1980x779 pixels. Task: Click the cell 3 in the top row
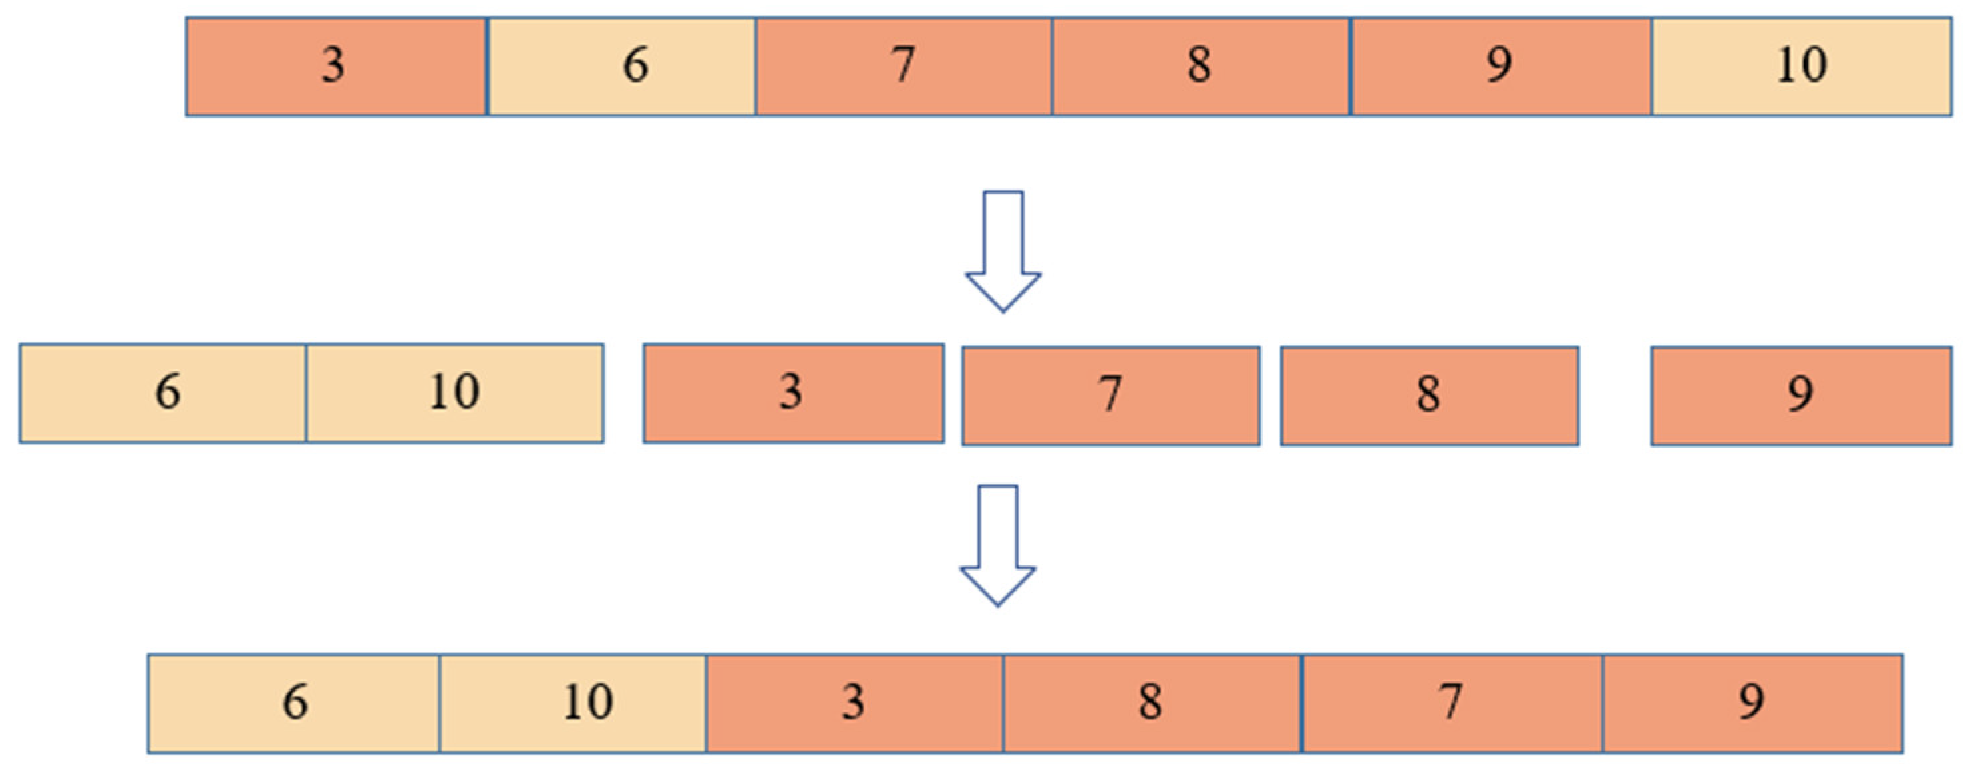pos(336,66)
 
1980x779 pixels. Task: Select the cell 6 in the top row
pos(621,66)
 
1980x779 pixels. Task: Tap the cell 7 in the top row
pos(904,66)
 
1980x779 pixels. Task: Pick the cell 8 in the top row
pos(1200,66)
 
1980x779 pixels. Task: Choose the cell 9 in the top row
pos(1500,66)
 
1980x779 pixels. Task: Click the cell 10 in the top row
pos(1801,66)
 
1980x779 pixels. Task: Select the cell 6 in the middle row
pos(163,393)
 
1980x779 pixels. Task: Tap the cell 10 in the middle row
pos(454,393)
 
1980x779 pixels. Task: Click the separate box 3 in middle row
pos(793,393)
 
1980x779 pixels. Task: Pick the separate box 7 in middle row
pos(1111,396)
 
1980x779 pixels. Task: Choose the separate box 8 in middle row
pos(1429,396)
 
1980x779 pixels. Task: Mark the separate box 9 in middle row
pos(1801,396)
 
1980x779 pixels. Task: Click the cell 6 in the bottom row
pos(294,703)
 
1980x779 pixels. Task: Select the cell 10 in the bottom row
pos(572,703)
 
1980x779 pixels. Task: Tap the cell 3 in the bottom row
pos(854,703)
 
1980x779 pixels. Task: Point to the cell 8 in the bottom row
pos(1152,703)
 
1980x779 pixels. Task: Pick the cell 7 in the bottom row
pos(1452,703)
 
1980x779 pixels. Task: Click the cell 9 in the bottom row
pos(1752,703)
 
